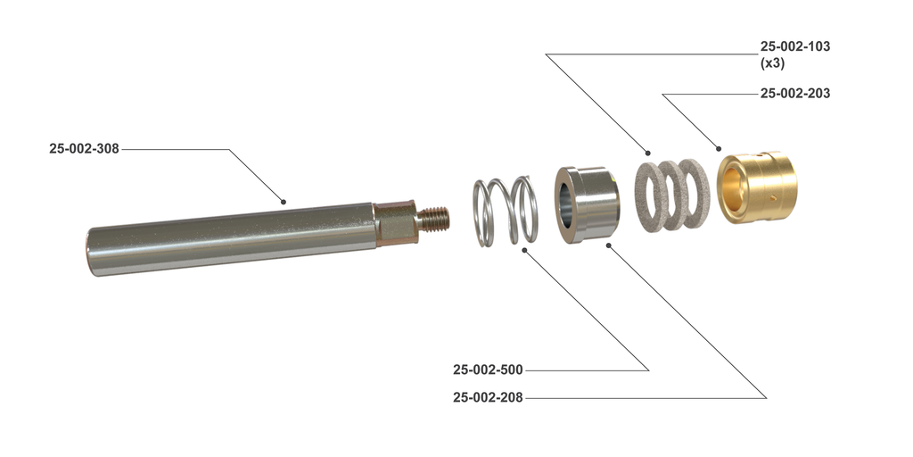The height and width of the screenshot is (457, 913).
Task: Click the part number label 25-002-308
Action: point(84,149)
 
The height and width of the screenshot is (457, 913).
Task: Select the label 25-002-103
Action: point(794,46)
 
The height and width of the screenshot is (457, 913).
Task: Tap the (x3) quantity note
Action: point(772,63)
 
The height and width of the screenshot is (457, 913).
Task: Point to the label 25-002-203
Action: point(794,93)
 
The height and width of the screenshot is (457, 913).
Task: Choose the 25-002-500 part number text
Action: point(488,370)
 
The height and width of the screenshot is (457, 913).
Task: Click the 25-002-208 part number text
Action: point(488,398)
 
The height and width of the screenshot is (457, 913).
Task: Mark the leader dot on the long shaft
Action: point(284,202)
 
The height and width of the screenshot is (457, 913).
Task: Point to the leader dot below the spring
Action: point(524,251)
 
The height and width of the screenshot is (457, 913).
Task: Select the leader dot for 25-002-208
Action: point(607,243)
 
